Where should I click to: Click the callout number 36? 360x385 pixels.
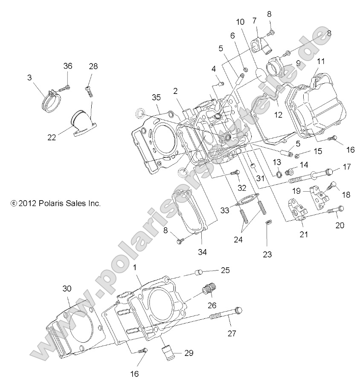pos(68,66)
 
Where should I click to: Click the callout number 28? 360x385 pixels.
pos(93,66)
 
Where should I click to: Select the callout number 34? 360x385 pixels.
pos(202,252)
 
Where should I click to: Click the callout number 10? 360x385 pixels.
pos(240,22)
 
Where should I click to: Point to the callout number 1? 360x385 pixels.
pos(135,268)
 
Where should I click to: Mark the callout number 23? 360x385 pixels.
pos(267,254)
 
